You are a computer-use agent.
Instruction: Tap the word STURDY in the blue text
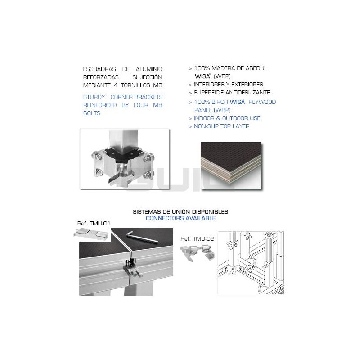click(x=94, y=97)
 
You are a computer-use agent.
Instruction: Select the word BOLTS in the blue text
click(x=92, y=113)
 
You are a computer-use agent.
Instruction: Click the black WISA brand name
click(x=202, y=76)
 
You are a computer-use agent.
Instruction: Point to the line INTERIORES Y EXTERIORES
click(x=228, y=85)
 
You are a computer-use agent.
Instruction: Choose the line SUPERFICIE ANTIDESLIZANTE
click(x=232, y=93)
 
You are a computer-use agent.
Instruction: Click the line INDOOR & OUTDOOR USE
click(x=227, y=118)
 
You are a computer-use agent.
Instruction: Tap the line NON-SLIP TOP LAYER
click(x=221, y=126)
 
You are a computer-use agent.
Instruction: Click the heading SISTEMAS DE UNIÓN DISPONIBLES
click(x=180, y=211)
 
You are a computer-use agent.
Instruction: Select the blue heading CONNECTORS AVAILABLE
click(x=180, y=218)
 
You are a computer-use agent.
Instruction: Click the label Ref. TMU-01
click(x=94, y=223)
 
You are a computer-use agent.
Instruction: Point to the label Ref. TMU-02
click(x=197, y=239)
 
